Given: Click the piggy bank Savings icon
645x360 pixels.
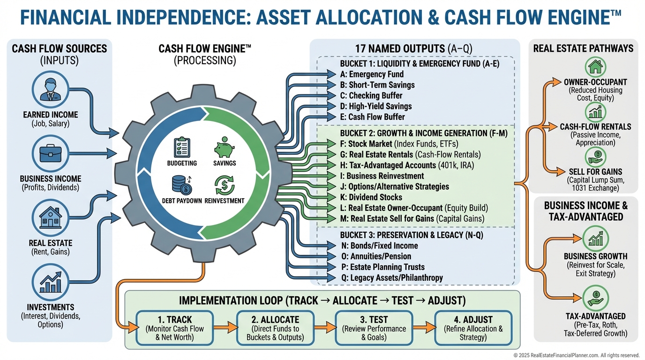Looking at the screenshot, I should (224, 147).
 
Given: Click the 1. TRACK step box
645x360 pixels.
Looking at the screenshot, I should (174, 328).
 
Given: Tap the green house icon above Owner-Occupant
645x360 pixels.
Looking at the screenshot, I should (595, 67).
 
